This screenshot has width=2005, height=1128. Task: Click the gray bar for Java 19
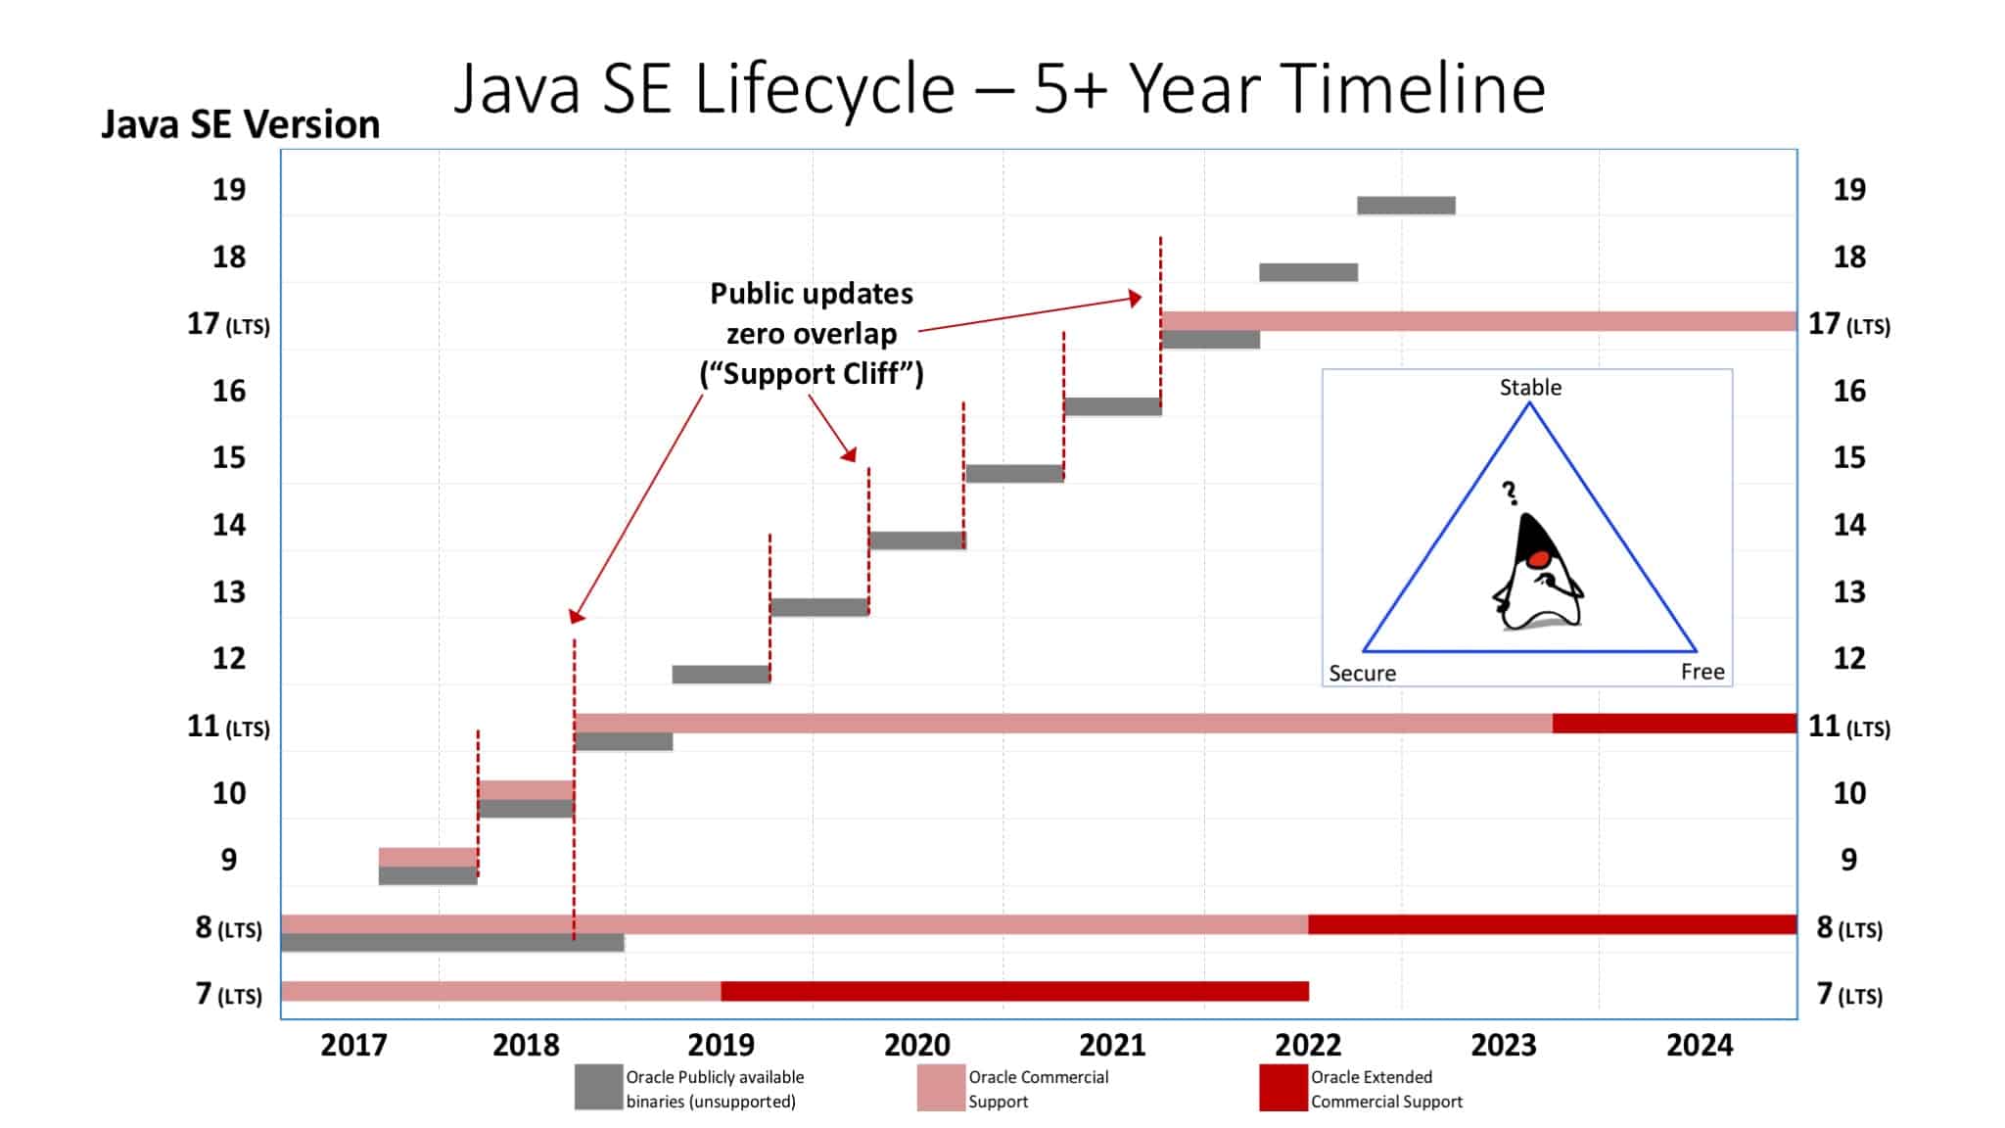tap(1406, 206)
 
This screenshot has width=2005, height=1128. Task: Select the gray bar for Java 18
tap(1308, 272)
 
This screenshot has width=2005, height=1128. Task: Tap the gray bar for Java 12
tap(722, 674)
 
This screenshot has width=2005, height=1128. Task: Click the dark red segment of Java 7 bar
tap(1014, 991)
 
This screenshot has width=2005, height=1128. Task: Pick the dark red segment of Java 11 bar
tap(1674, 724)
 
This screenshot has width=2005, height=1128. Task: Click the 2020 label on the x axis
tap(916, 1045)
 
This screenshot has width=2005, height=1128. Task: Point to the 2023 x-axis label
tap(1504, 1045)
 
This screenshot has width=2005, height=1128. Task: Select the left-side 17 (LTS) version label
tap(228, 324)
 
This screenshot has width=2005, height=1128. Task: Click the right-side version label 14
tap(1848, 525)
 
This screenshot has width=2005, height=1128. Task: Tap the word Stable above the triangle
tap(1530, 388)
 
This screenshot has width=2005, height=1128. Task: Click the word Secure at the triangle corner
tap(1362, 674)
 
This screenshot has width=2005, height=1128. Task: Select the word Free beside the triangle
tap(1702, 672)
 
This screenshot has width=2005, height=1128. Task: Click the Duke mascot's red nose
tap(1538, 559)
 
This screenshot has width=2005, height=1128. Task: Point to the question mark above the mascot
tap(1511, 493)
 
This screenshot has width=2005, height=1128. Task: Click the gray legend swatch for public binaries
tap(598, 1088)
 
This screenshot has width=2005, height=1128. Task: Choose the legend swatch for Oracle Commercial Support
tap(941, 1088)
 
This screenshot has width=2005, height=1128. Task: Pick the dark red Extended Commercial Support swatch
tap(1282, 1088)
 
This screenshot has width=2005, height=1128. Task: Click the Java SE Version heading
tap(241, 125)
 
